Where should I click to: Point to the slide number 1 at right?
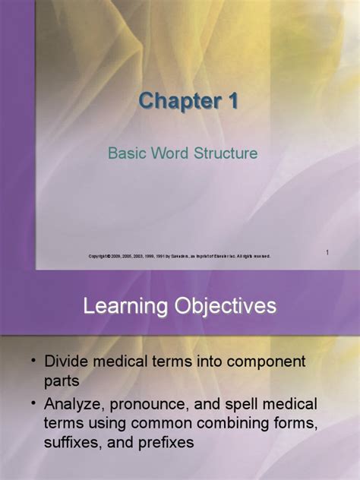327,251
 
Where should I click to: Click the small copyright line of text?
179,256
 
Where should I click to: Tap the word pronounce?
170,403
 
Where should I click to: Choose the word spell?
260,403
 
